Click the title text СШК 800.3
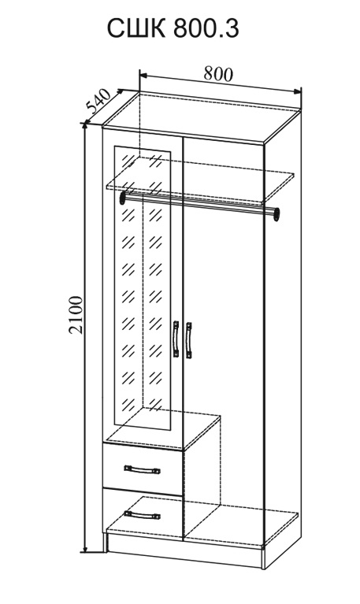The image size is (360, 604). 173,29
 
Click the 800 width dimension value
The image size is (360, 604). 218,73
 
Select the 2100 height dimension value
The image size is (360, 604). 76,314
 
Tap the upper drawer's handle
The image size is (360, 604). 143,469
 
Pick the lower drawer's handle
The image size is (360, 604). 143,515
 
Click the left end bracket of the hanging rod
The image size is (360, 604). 124,198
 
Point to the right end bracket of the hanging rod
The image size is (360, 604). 276,214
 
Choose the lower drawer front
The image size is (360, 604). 143,511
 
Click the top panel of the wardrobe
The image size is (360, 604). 201,117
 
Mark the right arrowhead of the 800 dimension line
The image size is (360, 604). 297,91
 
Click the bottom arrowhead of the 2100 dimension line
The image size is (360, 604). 86,547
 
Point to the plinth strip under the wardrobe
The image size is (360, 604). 184,550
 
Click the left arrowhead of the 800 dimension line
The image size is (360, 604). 144,74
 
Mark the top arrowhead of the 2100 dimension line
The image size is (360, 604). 86,129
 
